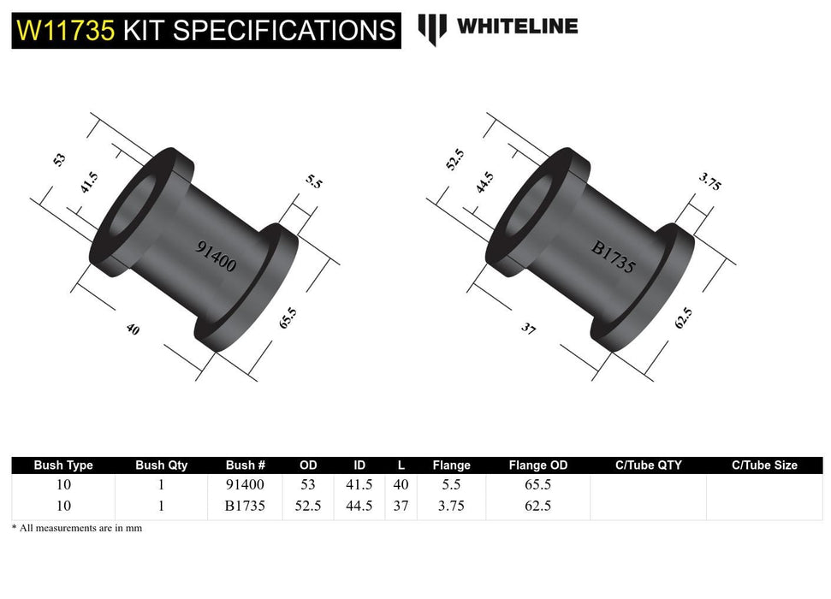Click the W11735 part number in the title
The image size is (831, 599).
click(x=65, y=30)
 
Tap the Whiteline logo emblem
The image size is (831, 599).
click(x=432, y=28)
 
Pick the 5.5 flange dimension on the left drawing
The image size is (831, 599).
click(x=313, y=181)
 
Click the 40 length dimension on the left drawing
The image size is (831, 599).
click(x=132, y=329)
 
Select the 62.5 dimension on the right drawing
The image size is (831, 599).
click(x=683, y=318)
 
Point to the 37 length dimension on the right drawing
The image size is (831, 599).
click(x=528, y=328)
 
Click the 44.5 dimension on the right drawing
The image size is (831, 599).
click(x=484, y=185)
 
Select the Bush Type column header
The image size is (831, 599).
click(x=63, y=466)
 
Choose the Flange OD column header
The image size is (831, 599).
click(x=537, y=466)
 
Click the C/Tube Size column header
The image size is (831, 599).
click(x=763, y=466)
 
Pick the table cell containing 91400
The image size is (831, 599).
click(x=245, y=485)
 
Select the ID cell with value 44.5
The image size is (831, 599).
click(x=359, y=506)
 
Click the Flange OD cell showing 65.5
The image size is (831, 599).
click(x=537, y=485)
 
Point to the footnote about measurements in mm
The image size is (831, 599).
click(x=77, y=528)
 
